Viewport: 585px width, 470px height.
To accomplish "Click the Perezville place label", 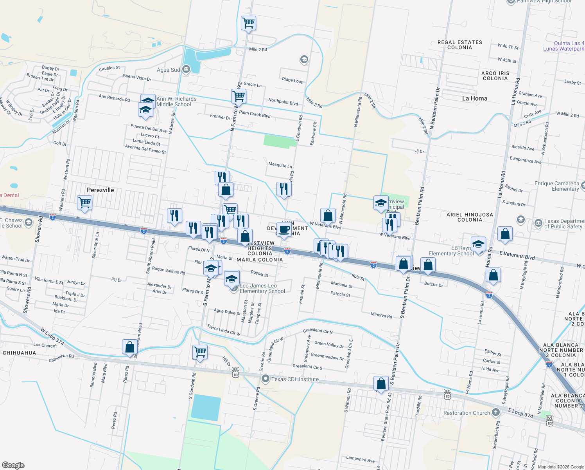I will tap(100, 190).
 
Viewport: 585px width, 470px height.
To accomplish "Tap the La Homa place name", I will tap(475, 98).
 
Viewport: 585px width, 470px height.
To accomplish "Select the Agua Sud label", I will tap(169, 70).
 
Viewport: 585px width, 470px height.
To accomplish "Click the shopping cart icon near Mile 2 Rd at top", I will tap(248, 23).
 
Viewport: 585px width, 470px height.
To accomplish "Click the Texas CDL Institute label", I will tap(295, 379).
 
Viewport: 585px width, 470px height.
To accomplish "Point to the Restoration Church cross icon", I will tap(496, 412).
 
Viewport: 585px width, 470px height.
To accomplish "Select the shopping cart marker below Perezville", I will tap(84, 203).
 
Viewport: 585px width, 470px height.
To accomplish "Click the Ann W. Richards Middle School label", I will tap(176, 101).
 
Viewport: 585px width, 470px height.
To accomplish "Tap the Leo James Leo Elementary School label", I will tap(262, 288).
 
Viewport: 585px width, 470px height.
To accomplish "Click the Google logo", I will tap(13, 465).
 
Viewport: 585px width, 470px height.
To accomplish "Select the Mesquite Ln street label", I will tap(280, 165).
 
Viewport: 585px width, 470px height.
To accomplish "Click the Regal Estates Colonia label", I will tap(460, 45).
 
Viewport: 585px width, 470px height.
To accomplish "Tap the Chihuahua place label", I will tap(20, 353).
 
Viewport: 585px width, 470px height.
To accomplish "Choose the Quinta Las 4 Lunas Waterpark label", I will tap(564, 46).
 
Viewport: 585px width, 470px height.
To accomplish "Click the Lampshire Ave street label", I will tap(360, 459).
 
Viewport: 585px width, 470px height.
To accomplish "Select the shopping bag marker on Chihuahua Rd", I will tap(129, 347).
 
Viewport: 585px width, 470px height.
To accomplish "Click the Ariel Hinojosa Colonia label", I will tap(470, 217).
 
